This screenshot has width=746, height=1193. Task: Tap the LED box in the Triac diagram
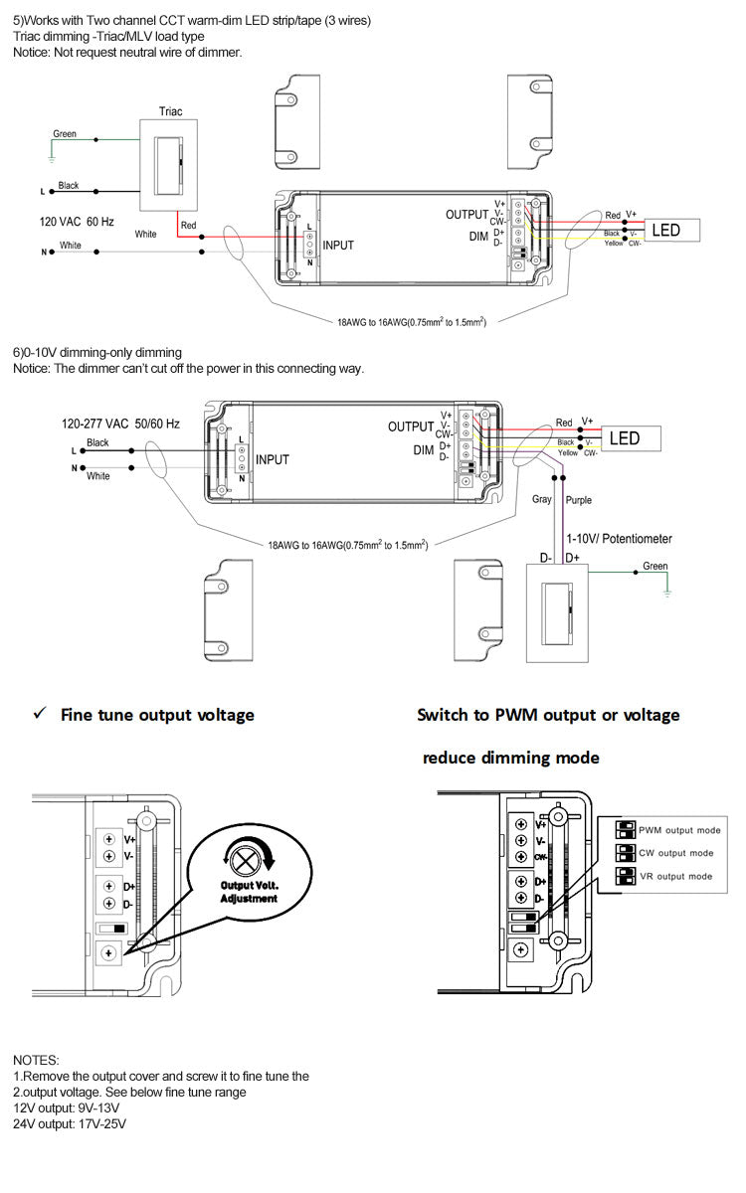click(665, 231)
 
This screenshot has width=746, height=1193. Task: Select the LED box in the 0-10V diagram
click(624, 438)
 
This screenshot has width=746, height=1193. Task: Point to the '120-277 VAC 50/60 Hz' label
click(120, 424)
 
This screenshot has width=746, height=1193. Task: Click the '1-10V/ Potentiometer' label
click(619, 539)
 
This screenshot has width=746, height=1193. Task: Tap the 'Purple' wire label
click(579, 501)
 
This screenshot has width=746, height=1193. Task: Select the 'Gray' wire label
click(542, 501)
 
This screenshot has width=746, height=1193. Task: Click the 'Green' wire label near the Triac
click(65, 134)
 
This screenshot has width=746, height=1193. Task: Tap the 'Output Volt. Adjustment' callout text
click(249, 892)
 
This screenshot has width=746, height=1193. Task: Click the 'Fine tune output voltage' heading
click(157, 715)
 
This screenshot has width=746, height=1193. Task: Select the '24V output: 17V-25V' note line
click(70, 1123)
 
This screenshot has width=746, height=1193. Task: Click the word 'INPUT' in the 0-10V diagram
click(273, 459)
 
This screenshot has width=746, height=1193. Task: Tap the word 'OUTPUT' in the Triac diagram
click(466, 215)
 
